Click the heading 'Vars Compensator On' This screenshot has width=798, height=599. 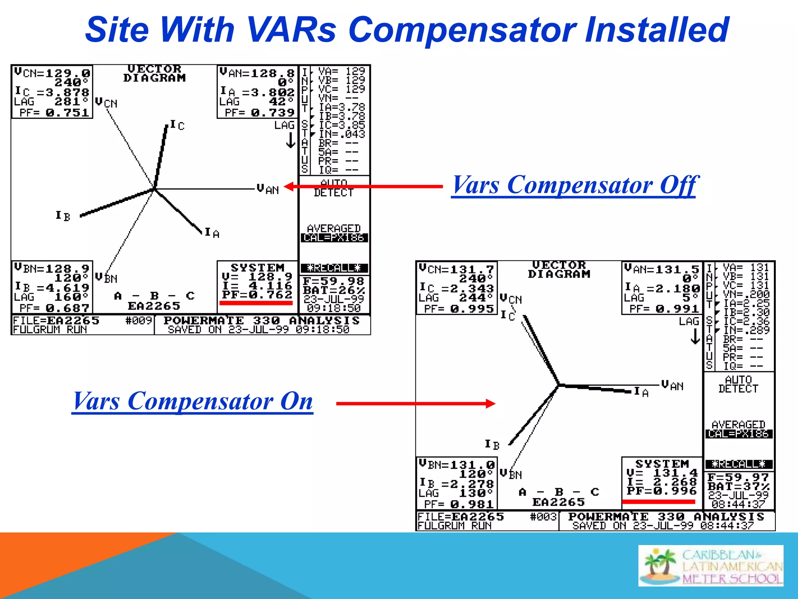pos(192,401)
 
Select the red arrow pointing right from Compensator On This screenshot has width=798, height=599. pos(415,404)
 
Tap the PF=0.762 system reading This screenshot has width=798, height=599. pos(257,295)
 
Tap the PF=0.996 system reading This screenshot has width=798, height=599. pos(662,491)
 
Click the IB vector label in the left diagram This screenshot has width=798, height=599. pos(63,216)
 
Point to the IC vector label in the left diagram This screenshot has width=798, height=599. pos(177,125)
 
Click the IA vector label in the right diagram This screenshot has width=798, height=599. pos(641,392)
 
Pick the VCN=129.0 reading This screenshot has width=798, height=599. pos(52,73)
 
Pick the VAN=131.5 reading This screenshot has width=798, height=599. pos(662,269)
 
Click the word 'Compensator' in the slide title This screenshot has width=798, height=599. pos(462,30)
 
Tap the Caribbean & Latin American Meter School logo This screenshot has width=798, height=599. pos(710,565)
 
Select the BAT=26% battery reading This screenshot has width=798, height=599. pos(334,290)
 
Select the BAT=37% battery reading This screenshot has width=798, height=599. pos(739,487)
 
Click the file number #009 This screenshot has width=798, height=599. pos(138,321)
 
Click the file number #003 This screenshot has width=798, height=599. pos(543,517)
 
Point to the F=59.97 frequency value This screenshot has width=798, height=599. pos(738,477)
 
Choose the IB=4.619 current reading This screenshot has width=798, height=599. pos(52,288)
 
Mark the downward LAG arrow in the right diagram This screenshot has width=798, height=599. pos(695,337)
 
